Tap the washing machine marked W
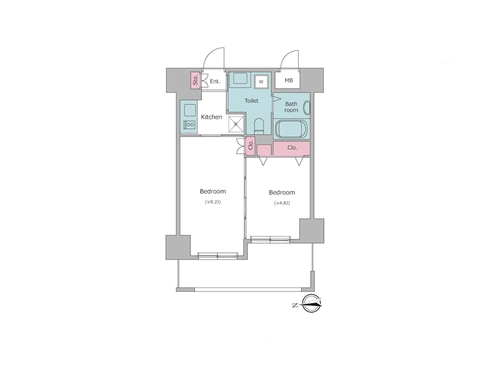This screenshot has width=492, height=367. click(x=261, y=82)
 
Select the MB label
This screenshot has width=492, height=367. click(x=289, y=81)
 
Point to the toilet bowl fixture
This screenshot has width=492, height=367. click(x=259, y=126)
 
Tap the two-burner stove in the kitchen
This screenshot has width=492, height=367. click(x=189, y=125)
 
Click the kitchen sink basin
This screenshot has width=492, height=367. click(x=190, y=110)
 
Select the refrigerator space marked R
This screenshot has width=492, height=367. click(x=236, y=124)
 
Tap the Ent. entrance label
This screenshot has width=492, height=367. click(x=215, y=81)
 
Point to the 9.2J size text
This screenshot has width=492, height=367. click(x=213, y=202)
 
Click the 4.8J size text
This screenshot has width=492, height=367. click(x=282, y=203)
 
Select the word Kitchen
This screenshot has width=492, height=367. click(x=211, y=117)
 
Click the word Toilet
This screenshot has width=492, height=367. click(x=251, y=101)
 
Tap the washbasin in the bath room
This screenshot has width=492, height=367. click(x=307, y=108)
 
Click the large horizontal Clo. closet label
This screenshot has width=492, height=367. click(x=292, y=148)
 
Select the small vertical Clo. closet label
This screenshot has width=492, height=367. click(x=251, y=145)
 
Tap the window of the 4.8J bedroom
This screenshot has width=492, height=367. click(x=270, y=239)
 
